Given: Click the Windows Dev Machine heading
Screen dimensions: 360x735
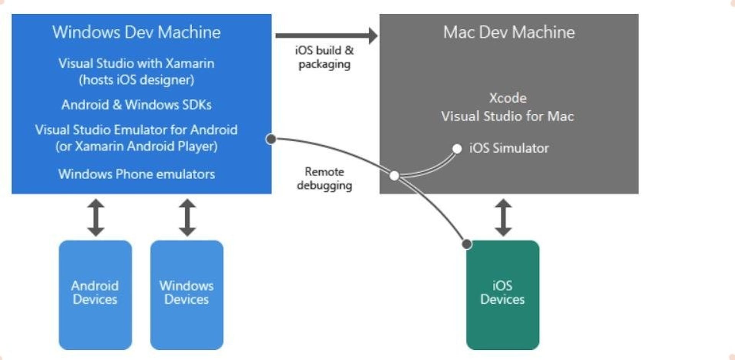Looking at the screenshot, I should pyautogui.click(x=136, y=32).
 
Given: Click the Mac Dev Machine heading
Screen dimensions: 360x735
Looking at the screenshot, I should pyautogui.click(x=509, y=32).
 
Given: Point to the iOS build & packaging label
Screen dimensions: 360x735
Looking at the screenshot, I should pyautogui.click(x=324, y=57).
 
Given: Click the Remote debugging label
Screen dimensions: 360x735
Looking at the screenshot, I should pyautogui.click(x=324, y=178).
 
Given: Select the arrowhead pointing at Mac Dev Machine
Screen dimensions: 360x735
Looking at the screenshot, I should pyautogui.click(x=372, y=36).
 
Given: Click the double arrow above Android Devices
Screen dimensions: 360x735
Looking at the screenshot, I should pyautogui.click(x=95, y=217).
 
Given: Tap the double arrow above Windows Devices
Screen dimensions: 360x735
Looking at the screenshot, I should pyautogui.click(x=187, y=217).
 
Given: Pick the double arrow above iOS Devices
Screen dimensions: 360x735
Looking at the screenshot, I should pyautogui.click(x=503, y=217).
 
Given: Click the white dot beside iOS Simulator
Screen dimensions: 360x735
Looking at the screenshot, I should pyautogui.click(x=457, y=149).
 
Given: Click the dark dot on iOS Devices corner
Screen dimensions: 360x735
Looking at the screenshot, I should pyautogui.click(x=467, y=244).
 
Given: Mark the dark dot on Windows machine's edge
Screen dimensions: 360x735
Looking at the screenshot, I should pyautogui.click(x=271, y=139).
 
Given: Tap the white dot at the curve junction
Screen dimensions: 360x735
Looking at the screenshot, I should pyautogui.click(x=394, y=176).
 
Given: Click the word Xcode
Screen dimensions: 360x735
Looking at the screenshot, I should pyautogui.click(x=508, y=98).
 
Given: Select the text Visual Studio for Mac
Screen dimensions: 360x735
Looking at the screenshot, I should pyautogui.click(x=507, y=116).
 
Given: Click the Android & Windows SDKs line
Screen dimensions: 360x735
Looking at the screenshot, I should pyautogui.click(x=136, y=105).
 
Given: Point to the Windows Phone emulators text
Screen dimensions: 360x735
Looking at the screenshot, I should pyautogui.click(x=136, y=174).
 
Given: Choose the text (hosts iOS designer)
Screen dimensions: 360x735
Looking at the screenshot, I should pyautogui.click(x=136, y=80).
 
